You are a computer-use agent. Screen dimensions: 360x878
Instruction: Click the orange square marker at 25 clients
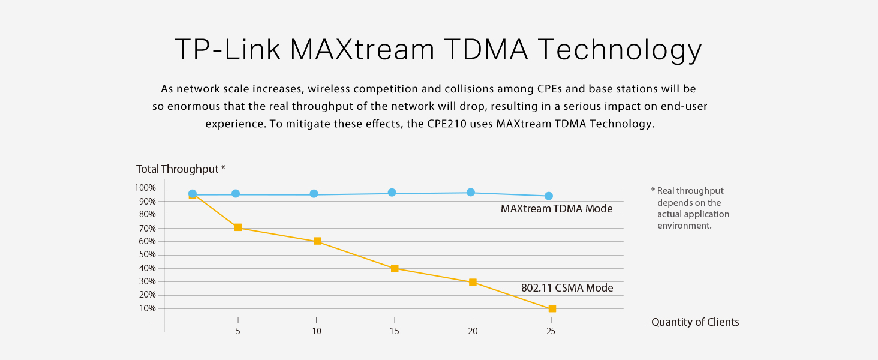click(552, 308)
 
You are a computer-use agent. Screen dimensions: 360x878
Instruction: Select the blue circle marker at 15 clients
click(392, 193)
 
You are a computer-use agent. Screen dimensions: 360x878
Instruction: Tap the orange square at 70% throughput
click(238, 227)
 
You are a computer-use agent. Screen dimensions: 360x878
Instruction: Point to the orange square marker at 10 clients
click(317, 241)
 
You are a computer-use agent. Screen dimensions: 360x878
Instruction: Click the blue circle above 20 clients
click(471, 192)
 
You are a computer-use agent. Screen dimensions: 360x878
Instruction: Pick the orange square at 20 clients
click(473, 282)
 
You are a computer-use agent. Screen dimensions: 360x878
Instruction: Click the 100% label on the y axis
click(145, 188)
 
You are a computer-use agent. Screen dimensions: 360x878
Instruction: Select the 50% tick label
click(147, 254)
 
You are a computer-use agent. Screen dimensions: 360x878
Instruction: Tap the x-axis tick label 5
click(238, 331)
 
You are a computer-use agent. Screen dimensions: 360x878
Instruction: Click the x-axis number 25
click(551, 331)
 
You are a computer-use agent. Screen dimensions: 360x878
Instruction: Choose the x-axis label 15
click(394, 331)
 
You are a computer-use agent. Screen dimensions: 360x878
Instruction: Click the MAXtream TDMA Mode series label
click(557, 209)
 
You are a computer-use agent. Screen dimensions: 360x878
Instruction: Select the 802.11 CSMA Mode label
click(567, 288)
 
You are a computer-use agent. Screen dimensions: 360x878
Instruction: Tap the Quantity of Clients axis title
click(695, 322)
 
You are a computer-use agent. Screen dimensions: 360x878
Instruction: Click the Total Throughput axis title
click(181, 169)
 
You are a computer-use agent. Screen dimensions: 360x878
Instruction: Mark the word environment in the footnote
click(684, 226)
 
